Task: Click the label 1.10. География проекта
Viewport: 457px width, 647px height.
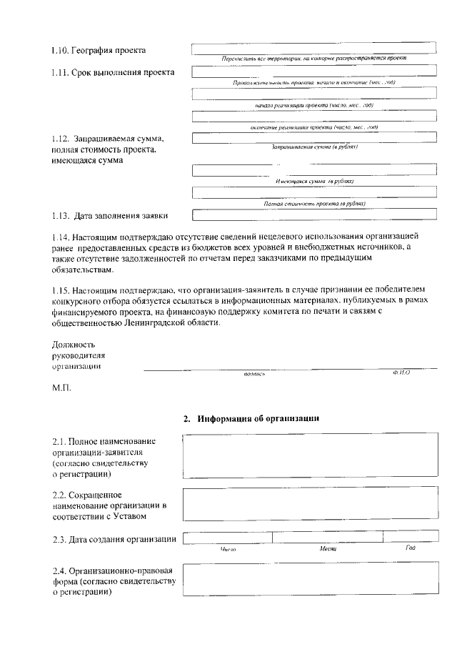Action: (x=99, y=50)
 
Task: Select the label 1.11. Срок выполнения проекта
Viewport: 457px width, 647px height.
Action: (x=112, y=73)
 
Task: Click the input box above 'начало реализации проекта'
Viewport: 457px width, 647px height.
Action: (x=313, y=94)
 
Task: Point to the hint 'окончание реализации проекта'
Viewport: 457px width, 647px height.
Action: (x=313, y=127)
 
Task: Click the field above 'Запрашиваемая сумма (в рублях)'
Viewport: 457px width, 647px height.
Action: (x=313, y=138)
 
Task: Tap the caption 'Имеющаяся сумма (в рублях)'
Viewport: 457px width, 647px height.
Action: (x=313, y=182)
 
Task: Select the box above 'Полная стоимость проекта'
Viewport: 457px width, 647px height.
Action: (x=313, y=192)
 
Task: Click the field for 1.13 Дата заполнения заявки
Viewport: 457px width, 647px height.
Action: (x=313, y=213)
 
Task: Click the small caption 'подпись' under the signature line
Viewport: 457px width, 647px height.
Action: (x=254, y=374)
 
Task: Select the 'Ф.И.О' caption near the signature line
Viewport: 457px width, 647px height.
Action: (x=401, y=372)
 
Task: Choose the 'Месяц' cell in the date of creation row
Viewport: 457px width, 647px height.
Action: (x=327, y=538)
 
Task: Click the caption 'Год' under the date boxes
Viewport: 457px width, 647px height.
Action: (x=410, y=548)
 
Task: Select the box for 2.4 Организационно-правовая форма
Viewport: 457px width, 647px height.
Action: (x=309, y=581)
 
